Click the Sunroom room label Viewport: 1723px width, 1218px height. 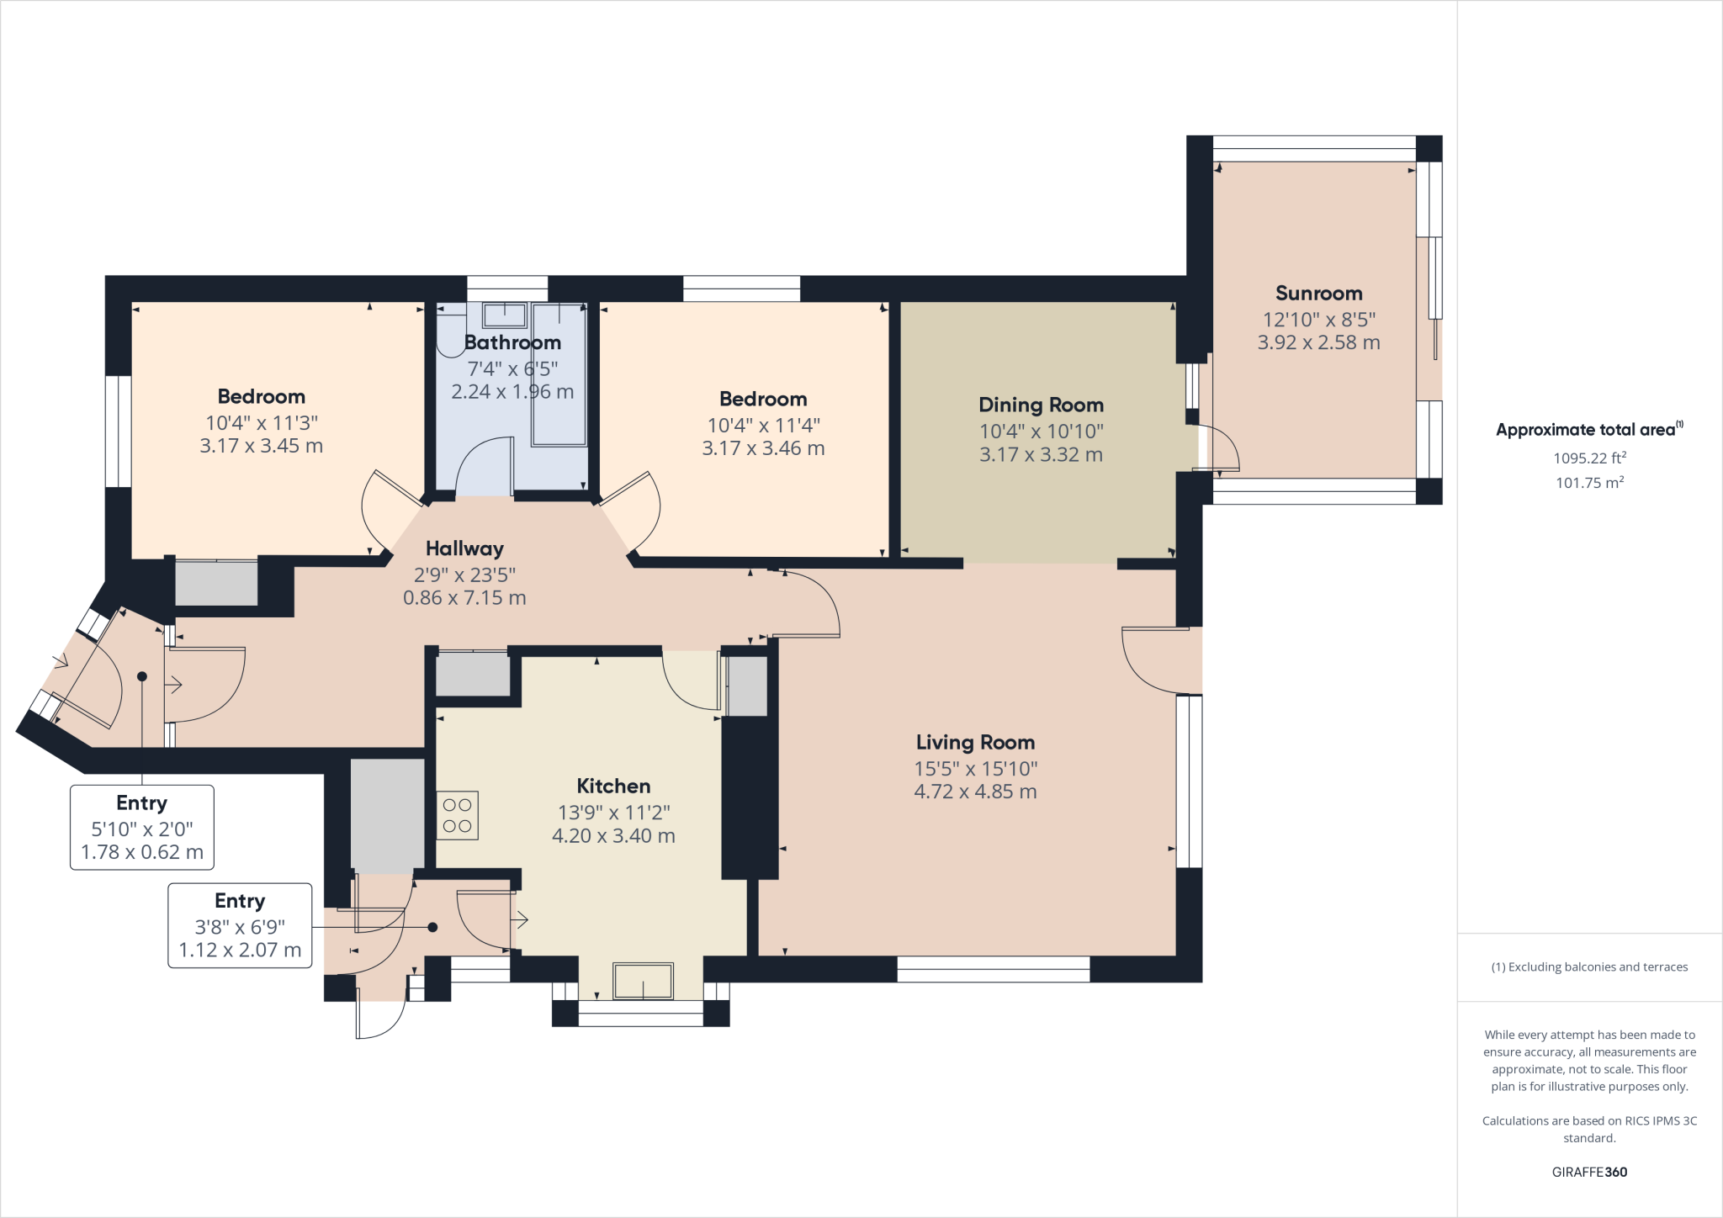(1318, 294)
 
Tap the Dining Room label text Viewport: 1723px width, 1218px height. (1041, 405)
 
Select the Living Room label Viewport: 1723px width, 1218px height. (975, 743)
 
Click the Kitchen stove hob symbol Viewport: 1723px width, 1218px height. (458, 815)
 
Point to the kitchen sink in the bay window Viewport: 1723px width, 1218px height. (643, 981)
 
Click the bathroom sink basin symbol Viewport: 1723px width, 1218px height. (504, 316)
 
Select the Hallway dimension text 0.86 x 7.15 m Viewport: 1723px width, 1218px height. (464, 598)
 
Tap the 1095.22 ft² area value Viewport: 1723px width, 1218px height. (1588, 458)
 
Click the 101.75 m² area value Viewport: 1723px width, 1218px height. (1588, 483)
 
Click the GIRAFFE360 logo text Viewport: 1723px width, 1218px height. (1589, 1172)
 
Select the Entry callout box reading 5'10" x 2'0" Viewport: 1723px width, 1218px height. (142, 828)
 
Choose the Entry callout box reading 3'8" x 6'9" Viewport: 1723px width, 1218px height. (240, 925)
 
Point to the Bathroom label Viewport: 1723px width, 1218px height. (512, 343)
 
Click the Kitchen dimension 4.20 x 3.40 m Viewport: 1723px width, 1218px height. (613, 836)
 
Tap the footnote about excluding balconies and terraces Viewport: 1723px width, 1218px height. (1589, 967)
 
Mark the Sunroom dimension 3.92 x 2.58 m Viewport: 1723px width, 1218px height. (1318, 343)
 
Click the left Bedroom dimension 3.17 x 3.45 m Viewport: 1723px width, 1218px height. (261, 447)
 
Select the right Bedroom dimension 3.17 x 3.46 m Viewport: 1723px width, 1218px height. (763, 449)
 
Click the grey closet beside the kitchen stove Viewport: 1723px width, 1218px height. (387, 815)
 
